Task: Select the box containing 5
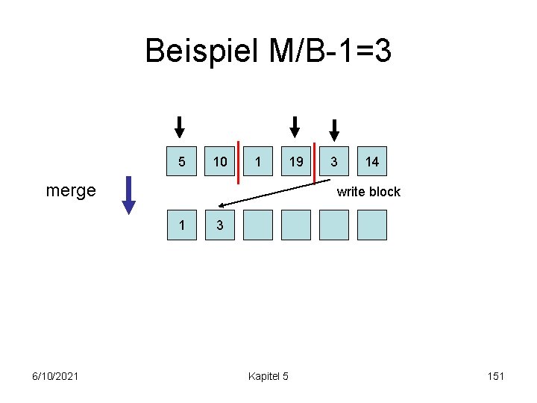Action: [x=182, y=161]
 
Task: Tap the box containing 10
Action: [x=220, y=161]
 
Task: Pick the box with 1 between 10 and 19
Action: [x=258, y=161]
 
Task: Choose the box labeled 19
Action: [x=296, y=161]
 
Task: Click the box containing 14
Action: [x=372, y=161]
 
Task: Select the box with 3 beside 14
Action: [x=334, y=161]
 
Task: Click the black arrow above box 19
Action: [x=295, y=127]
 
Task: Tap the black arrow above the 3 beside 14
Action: [x=334, y=130]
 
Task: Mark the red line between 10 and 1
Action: [x=239, y=162]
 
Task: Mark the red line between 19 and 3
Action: [x=315, y=162]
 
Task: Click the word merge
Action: [x=71, y=190]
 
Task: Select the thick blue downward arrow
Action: [x=129, y=195]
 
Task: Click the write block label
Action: [x=368, y=192]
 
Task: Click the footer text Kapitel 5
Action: [x=268, y=375]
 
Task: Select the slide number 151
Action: [x=496, y=375]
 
